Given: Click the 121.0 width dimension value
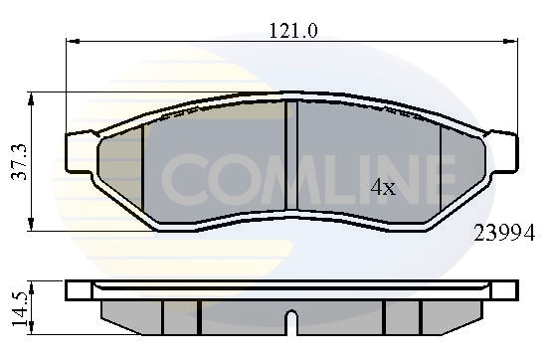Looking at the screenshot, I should [293, 31].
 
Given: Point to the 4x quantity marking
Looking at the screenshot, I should [383, 187].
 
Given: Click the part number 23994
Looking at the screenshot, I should [506, 234].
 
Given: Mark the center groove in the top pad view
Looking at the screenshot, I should [292, 157].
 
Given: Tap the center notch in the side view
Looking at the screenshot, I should [291, 324].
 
